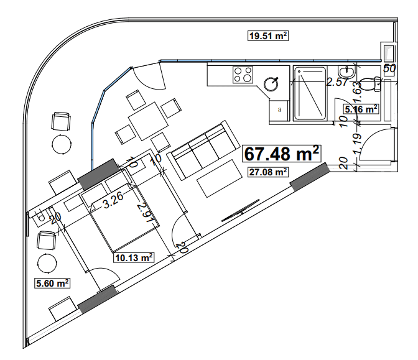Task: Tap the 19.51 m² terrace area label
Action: (x=267, y=36)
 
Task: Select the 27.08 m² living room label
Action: (x=267, y=172)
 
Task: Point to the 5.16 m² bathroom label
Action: (x=361, y=109)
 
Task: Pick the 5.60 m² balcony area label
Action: (x=50, y=283)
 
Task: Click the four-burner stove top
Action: (x=243, y=75)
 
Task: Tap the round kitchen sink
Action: (x=272, y=83)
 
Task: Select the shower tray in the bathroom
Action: (x=309, y=93)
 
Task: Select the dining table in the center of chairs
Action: (x=147, y=118)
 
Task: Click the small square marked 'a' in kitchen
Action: (x=279, y=109)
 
